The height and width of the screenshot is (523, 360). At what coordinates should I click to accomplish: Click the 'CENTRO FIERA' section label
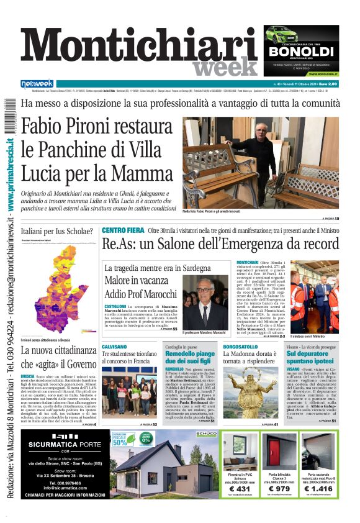click(x=123, y=230)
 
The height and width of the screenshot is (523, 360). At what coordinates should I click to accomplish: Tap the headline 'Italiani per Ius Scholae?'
click(x=57, y=232)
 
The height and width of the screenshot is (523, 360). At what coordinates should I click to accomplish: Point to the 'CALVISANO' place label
click(x=114, y=347)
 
